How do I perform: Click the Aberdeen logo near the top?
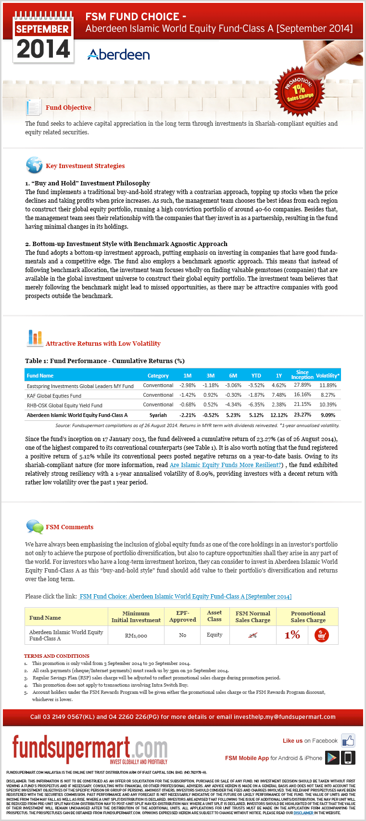119,54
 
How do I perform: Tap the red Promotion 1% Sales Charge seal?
299,90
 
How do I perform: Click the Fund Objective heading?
68,107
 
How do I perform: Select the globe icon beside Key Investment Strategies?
34,165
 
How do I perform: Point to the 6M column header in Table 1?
233,376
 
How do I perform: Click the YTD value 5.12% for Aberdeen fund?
256,415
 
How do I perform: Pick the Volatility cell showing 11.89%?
328,385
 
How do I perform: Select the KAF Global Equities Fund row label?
54,396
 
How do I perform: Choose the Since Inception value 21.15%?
303,404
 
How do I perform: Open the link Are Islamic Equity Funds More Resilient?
226,465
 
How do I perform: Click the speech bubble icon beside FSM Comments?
34,526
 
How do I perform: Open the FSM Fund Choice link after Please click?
185,597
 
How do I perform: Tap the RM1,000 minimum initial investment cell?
136,636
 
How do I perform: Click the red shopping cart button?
321,636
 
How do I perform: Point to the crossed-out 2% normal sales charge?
252,636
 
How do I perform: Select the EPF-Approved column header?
183,616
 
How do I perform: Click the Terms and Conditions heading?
57,656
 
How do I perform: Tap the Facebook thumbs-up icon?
348,741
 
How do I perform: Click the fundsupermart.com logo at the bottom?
90,749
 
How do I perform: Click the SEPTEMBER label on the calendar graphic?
43,29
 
